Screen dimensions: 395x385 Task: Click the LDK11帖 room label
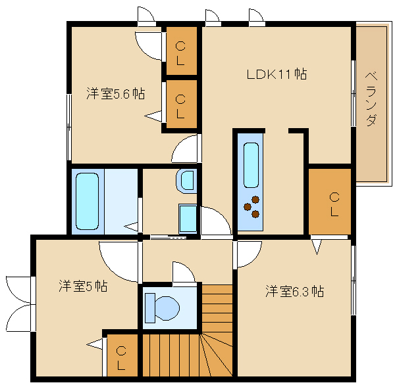[276, 74]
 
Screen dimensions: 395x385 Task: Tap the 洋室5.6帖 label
[116, 93]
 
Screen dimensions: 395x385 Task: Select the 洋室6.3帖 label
[294, 291]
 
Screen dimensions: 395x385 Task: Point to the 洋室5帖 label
[83, 286]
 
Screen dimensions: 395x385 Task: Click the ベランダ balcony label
[371, 99]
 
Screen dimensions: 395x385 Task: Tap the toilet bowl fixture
[162, 307]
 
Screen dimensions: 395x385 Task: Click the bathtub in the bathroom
[87, 201]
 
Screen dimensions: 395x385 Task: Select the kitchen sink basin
[251, 165]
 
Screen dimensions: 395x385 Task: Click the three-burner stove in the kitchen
[251, 207]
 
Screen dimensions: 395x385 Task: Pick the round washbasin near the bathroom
[186, 181]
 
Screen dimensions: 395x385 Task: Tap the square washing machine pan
[188, 219]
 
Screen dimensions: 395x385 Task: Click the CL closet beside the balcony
[330, 202]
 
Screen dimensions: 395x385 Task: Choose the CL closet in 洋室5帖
[122, 355]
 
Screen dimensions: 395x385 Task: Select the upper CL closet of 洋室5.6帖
[182, 51]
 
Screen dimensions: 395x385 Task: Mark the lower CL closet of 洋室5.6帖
[182, 104]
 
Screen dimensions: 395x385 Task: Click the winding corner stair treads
[217, 355]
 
